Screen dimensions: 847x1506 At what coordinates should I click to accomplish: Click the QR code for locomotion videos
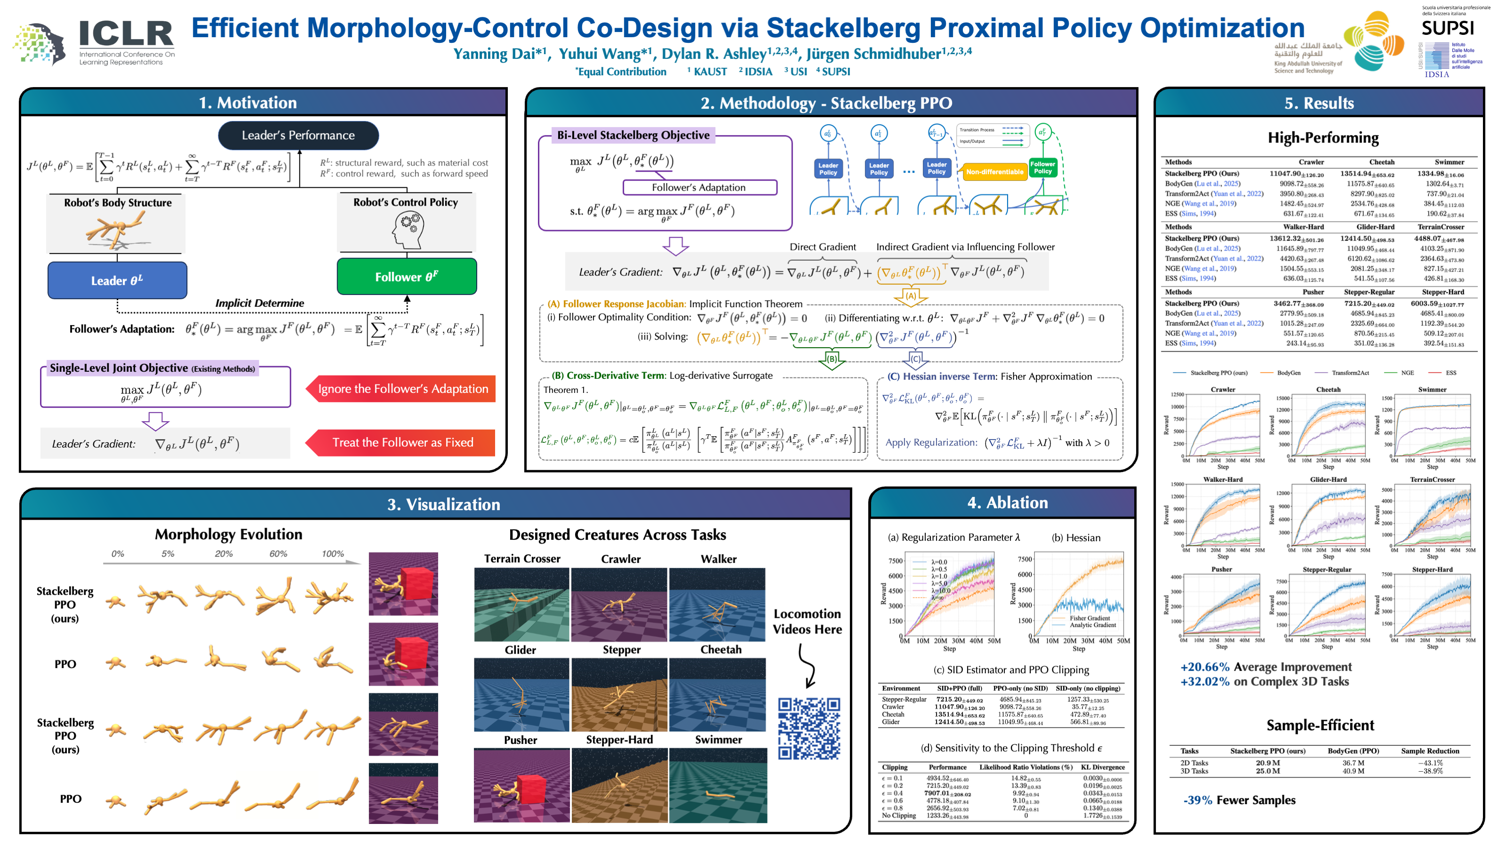point(809,728)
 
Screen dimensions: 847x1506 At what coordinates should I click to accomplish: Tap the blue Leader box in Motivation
point(117,280)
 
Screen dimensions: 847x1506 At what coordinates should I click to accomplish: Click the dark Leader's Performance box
point(298,135)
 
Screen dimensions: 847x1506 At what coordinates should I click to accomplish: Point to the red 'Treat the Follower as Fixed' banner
point(402,442)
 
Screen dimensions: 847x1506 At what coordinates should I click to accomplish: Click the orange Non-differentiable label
point(994,172)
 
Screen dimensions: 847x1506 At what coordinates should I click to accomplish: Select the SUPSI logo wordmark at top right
point(1447,28)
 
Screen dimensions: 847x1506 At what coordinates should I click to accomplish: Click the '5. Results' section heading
point(1319,103)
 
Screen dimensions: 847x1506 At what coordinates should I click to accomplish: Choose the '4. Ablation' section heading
point(1007,503)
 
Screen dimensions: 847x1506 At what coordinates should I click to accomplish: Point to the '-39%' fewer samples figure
point(1197,800)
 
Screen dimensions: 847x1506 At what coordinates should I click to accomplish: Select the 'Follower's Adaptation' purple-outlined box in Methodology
point(699,187)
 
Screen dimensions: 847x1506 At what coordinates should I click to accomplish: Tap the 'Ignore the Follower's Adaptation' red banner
point(402,389)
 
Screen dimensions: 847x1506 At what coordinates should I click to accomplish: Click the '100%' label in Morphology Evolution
point(333,553)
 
